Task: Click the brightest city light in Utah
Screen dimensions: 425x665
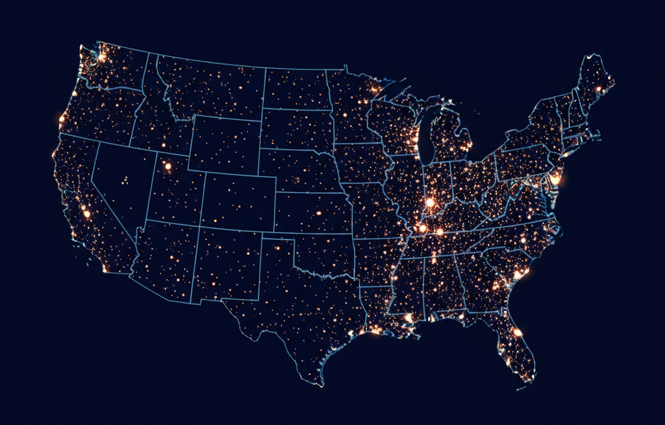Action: [x=168, y=166]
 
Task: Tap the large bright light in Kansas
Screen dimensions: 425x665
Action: [x=318, y=212]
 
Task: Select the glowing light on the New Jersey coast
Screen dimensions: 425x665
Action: [x=555, y=179]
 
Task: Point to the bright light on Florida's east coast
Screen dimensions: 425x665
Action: [x=518, y=332]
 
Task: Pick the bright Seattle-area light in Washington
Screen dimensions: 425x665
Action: [x=101, y=57]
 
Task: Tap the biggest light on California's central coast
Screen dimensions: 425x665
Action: [x=86, y=213]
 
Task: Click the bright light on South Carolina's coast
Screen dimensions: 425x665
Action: [x=518, y=275]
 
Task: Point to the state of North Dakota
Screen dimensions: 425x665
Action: [x=295, y=88]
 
